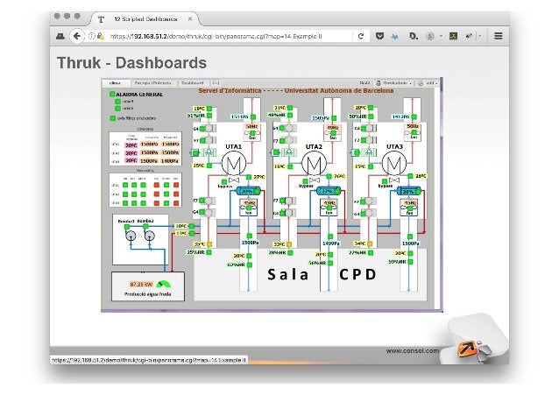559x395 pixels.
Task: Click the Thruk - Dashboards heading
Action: point(132,63)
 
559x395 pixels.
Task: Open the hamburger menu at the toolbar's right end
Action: point(498,36)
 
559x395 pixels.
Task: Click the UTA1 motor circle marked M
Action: point(234,164)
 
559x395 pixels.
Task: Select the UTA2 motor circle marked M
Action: point(313,164)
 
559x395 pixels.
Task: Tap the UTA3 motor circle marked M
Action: point(393,164)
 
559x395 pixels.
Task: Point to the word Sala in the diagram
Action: point(289,274)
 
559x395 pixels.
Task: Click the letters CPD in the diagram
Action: point(357,274)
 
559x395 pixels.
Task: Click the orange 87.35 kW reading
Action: point(140,285)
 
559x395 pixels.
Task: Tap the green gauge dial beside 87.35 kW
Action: point(164,285)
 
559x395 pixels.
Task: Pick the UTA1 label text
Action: point(234,146)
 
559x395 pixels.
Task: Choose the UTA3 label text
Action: point(393,146)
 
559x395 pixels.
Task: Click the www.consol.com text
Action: point(413,350)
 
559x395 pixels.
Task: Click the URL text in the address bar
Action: point(227,36)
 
